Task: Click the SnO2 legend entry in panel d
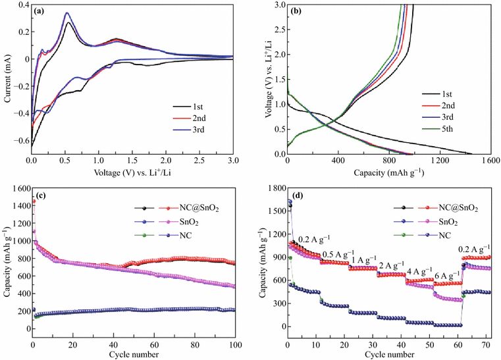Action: (x=449, y=220)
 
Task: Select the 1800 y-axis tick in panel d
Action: (x=273, y=189)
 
